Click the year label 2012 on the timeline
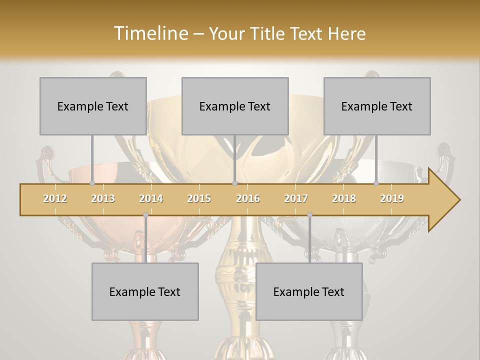coord(55,198)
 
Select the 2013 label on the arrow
coord(103,198)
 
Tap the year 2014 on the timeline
coord(151,198)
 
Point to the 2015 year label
coord(199,198)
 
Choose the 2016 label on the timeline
coord(248,198)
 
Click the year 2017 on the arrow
coord(296,198)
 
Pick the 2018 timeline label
coord(344,198)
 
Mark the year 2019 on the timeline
coord(392,198)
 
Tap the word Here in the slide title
coord(346,33)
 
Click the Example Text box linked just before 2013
coord(93,106)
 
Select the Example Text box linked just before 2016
coord(235,106)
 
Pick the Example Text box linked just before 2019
coord(377,106)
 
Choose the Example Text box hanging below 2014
coord(145,291)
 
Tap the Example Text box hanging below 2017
coord(309,291)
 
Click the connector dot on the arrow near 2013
coord(92,183)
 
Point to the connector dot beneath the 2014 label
coord(145,215)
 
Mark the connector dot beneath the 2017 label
coord(309,215)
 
